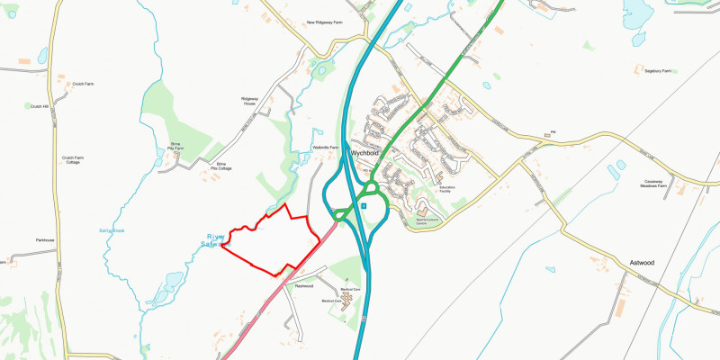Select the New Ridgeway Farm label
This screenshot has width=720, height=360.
325,22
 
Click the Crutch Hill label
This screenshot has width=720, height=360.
40,106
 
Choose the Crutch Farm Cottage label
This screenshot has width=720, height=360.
73,159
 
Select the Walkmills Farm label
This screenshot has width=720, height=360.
325,148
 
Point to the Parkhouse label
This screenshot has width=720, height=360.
45,240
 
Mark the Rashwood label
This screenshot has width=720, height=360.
303,286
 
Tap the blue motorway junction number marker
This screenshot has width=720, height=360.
363,205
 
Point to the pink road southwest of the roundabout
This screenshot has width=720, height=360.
270,301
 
